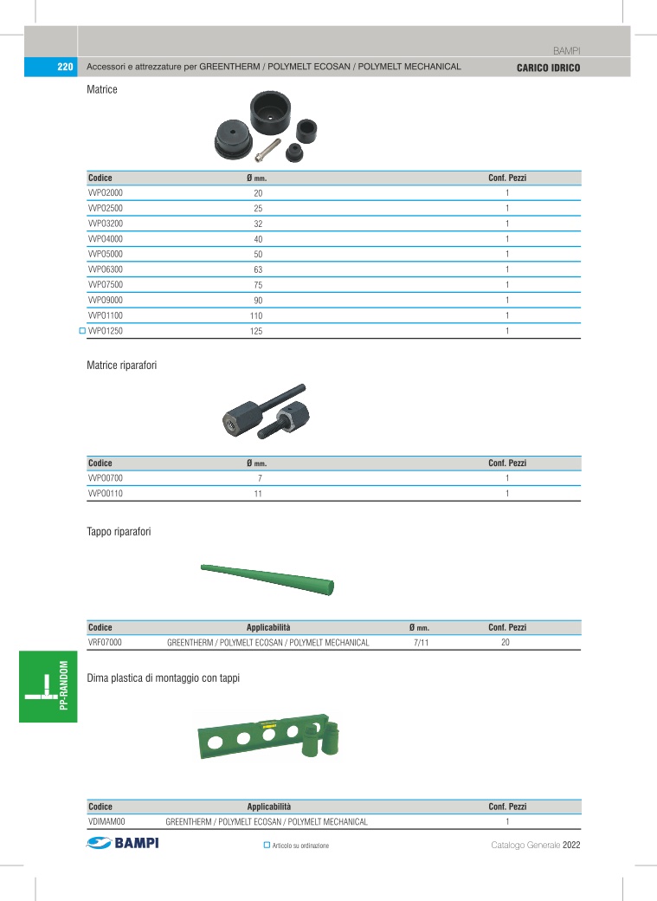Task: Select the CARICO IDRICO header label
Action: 548,68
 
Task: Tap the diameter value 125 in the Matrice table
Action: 256,332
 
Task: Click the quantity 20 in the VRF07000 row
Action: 506,643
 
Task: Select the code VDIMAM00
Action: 107,821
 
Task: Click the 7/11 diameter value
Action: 422,643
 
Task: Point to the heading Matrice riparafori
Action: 122,366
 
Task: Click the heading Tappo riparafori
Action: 119,531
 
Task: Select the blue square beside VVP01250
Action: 82,331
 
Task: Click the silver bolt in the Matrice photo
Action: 269,149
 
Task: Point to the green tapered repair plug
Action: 267,579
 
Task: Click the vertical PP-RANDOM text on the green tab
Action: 64,685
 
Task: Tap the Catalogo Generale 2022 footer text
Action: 535,846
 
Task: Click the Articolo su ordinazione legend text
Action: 300,846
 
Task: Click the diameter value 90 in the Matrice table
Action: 257,301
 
